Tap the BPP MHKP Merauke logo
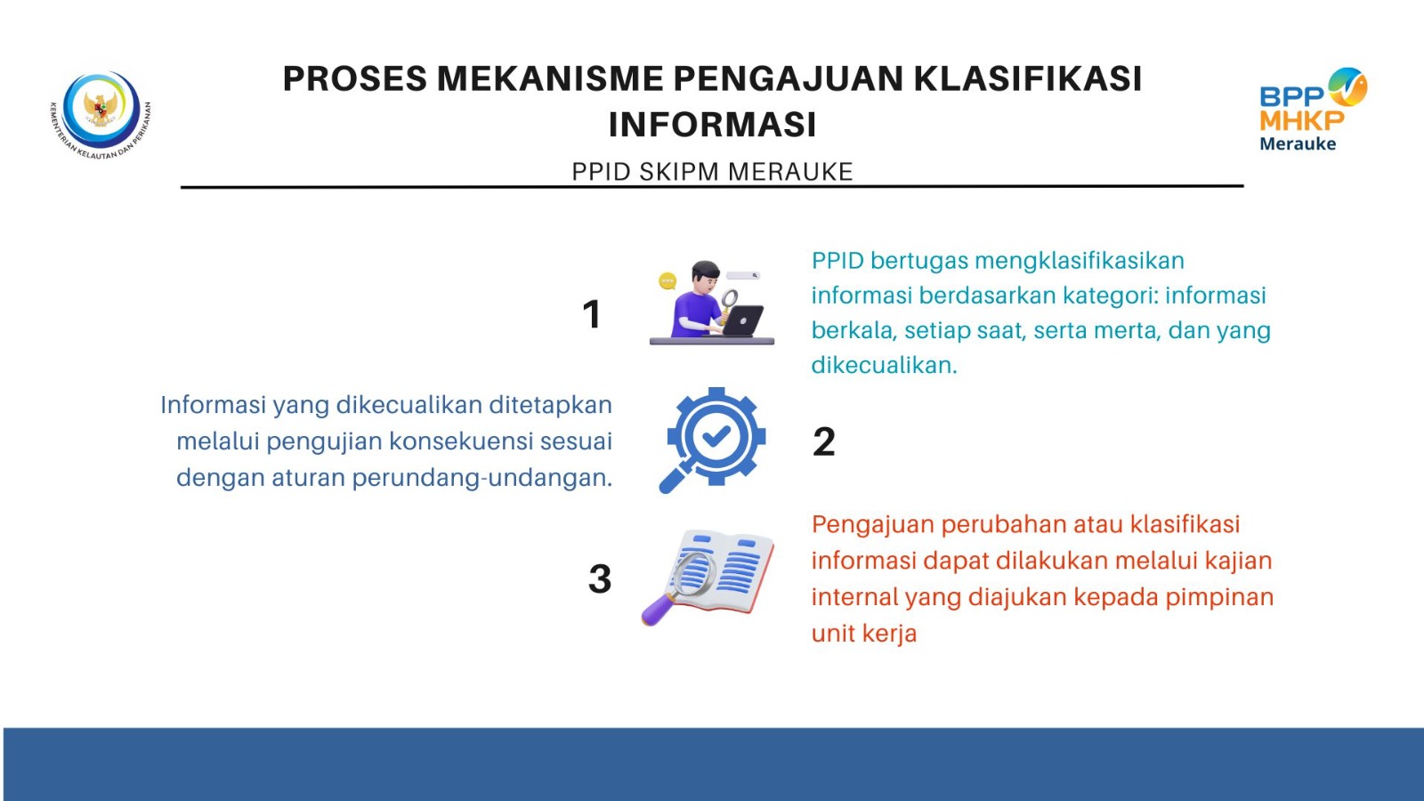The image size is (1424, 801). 1313,109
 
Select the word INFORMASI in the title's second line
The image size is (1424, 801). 712,124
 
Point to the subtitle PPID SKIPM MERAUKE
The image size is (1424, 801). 712,172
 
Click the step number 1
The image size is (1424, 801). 592,314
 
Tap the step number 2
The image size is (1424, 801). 824,441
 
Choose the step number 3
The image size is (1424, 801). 600,579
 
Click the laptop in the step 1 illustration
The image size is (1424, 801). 742,321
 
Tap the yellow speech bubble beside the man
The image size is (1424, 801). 667,280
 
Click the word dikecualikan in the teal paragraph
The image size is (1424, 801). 884,365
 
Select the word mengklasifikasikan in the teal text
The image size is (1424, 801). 1080,262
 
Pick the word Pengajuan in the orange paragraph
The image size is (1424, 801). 873,525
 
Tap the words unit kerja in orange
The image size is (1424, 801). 864,633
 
